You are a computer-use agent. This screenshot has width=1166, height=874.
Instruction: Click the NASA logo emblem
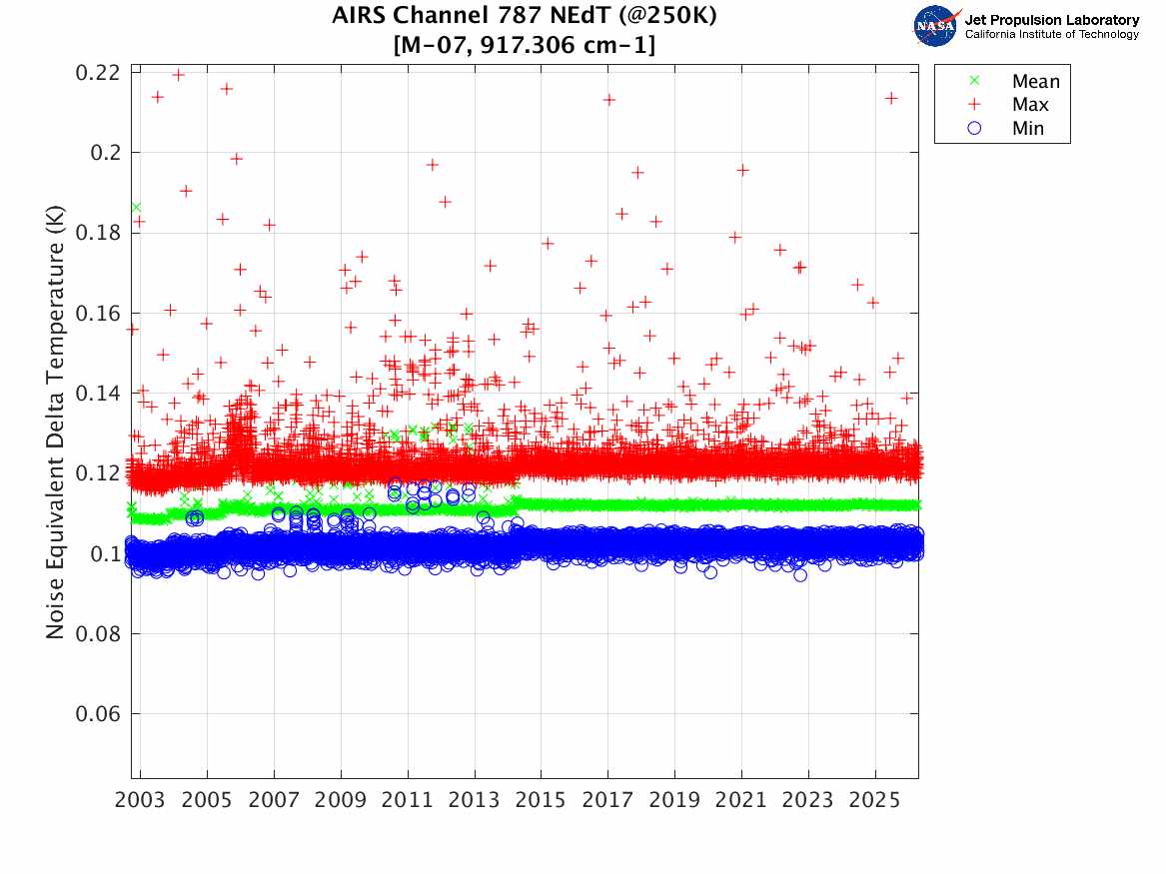click(936, 26)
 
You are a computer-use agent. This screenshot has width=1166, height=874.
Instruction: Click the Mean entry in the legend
click(1035, 81)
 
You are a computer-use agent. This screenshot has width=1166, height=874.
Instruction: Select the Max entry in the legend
click(1030, 105)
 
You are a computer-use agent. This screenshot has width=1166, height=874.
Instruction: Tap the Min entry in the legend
click(1028, 129)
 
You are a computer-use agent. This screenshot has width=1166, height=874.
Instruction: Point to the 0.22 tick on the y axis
click(97, 73)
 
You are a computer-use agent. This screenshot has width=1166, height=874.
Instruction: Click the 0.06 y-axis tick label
click(97, 714)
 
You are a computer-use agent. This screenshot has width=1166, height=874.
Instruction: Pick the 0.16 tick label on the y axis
click(97, 314)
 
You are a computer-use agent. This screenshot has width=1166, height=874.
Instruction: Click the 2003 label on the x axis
click(141, 801)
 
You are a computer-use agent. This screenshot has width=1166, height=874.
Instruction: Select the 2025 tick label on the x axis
click(875, 801)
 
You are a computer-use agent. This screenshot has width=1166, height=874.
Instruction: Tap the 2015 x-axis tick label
click(542, 801)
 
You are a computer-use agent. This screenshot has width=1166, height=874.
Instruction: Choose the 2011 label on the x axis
click(408, 801)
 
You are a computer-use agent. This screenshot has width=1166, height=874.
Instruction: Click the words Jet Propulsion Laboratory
click(1051, 20)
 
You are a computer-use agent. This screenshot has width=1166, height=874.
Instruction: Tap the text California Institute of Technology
click(1051, 35)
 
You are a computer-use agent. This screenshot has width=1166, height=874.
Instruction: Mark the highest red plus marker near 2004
click(179, 75)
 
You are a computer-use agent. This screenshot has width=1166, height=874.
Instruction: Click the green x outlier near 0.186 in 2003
click(136, 208)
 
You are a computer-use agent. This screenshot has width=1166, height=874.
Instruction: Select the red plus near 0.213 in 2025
click(891, 98)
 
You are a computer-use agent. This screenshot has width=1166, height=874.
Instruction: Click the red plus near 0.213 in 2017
click(608, 100)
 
